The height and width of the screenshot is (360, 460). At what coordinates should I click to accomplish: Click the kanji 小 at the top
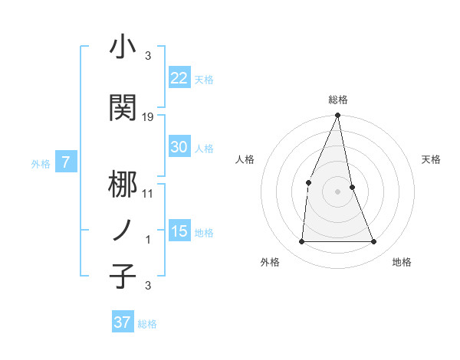(x=123, y=47)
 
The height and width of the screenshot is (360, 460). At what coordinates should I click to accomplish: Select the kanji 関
(x=123, y=106)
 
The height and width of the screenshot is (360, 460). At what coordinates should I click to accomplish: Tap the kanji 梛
(x=123, y=184)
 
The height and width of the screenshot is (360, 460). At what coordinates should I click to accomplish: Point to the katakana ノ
(x=123, y=230)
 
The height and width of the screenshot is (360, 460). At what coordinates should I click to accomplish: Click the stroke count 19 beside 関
(x=148, y=116)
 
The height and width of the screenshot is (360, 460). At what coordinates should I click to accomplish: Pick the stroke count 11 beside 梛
(x=148, y=194)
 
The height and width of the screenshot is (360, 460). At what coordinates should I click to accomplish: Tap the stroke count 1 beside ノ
(x=148, y=240)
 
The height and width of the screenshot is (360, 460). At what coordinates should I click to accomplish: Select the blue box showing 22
(x=179, y=78)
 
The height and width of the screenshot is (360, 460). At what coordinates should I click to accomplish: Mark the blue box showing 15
(x=179, y=231)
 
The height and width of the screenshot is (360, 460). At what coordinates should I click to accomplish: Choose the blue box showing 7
(x=66, y=162)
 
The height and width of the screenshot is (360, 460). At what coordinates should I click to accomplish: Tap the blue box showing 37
(x=122, y=322)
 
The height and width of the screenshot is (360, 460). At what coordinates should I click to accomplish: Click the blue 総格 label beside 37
(x=147, y=324)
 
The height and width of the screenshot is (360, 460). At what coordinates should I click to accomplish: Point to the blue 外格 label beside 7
(x=41, y=163)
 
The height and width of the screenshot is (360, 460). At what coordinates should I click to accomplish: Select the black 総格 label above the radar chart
(x=337, y=100)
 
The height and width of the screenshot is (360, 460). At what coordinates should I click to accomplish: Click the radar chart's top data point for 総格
(x=337, y=116)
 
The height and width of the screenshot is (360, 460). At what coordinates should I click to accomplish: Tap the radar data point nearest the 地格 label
(x=373, y=242)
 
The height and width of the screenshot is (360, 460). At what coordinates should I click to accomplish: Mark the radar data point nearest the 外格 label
(x=301, y=242)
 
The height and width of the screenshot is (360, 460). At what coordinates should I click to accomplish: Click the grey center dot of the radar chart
(x=337, y=191)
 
